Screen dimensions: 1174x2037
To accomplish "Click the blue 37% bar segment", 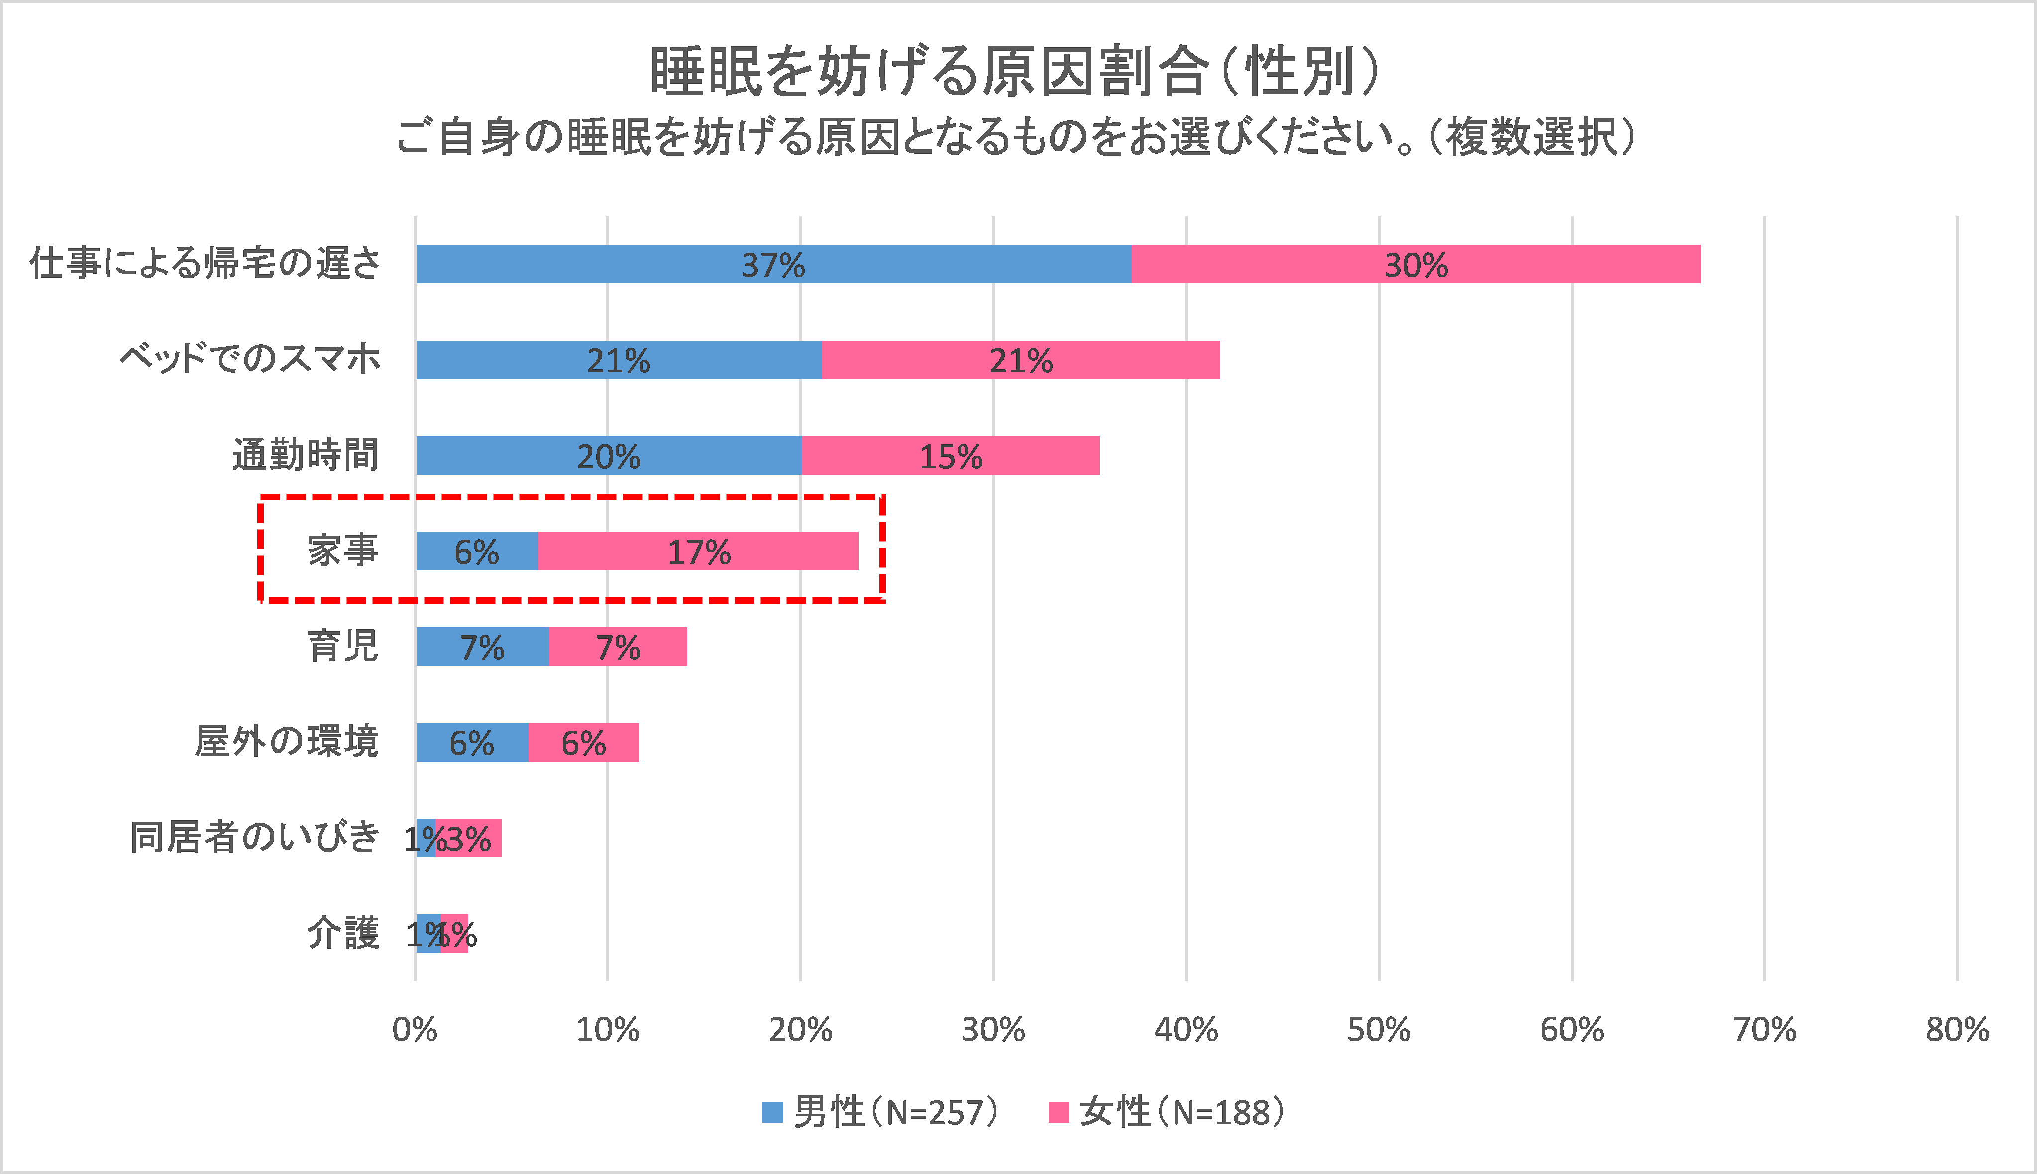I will pyautogui.click(x=772, y=264).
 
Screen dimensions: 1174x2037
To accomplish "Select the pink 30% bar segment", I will pyautogui.click(x=1415, y=264).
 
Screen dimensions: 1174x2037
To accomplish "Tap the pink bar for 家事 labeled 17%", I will pyautogui.click(x=698, y=552).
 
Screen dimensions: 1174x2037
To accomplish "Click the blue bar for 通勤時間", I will pyautogui.click(x=608, y=456).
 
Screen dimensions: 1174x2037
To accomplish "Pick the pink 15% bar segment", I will pyautogui.click(x=950, y=456).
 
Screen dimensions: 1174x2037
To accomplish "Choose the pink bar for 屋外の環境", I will pyautogui.click(x=583, y=743).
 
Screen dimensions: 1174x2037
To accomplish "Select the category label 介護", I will pyautogui.click(x=343, y=934).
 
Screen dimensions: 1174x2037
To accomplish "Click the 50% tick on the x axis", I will pyautogui.click(x=1378, y=1030).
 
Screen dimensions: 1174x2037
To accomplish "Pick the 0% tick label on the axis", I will pyautogui.click(x=415, y=1030).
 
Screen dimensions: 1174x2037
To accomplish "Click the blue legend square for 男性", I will pyautogui.click(x=772, y=1113).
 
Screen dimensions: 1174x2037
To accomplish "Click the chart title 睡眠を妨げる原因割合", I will pyautogui.click(x=927, y=71).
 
